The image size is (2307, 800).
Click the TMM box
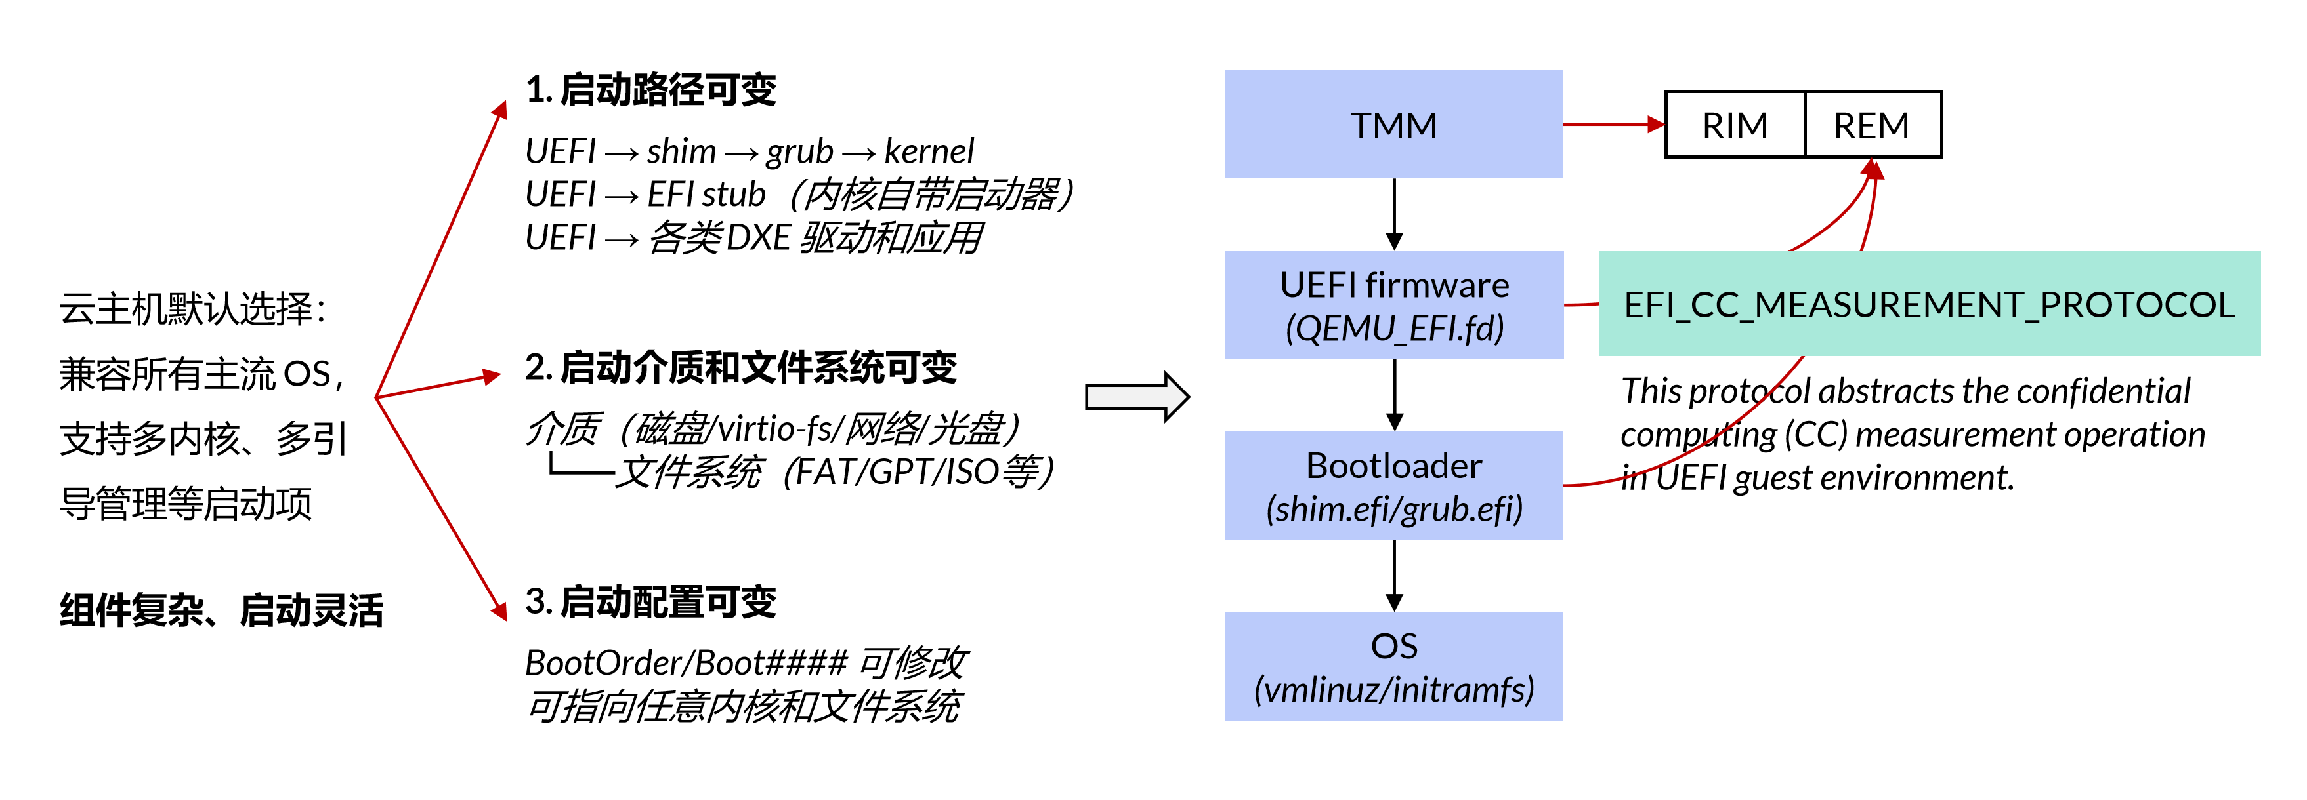click(1393, 125)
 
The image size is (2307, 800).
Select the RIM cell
click(1735, 125)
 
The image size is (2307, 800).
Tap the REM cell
click(1872, 125)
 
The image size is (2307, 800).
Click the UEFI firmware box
click(1393, 305)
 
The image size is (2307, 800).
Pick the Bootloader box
click(1393, 486)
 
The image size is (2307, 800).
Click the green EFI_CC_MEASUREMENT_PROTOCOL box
click(1929, 304)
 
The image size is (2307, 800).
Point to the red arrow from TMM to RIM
click(1612, 125)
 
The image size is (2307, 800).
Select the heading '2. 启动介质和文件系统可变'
click(740, 368)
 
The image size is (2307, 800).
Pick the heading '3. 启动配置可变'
click(651, 602)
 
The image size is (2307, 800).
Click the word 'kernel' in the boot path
click(929, 151)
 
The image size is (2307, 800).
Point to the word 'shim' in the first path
click(681, 151)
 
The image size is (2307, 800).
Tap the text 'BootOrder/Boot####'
click(686, 663)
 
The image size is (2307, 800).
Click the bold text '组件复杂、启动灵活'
click(221, 611)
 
